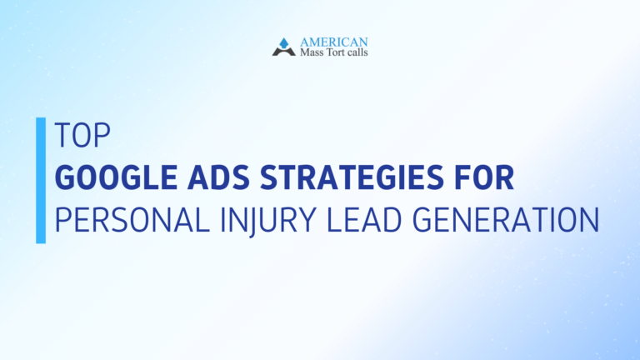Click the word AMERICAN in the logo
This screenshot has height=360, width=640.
click(333, 42)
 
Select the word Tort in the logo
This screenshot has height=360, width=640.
click(337, 53)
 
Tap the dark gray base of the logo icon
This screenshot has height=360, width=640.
click(283, 52)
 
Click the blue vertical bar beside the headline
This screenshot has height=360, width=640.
click(41, 180)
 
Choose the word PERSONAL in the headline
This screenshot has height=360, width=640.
click(126, 221)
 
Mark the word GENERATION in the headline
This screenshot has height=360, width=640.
click(507, 221)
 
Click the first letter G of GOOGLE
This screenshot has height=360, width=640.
click(63, 178)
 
